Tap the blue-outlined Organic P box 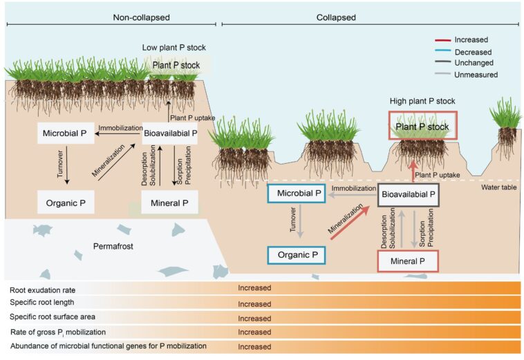296,254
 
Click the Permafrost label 111,246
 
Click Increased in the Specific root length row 254,303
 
